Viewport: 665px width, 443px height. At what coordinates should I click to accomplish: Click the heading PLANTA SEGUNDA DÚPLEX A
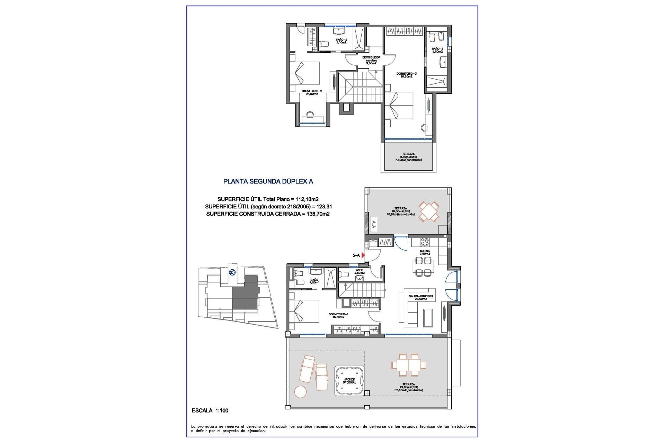point(268,181)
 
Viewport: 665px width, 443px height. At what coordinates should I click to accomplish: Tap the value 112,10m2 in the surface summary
point(307,199)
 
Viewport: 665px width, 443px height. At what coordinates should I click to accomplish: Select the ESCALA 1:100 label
point(210,410)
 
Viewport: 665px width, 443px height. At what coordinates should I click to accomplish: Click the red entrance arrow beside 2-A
point(363,255)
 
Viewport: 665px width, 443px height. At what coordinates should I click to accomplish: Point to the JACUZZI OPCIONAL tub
point(349,381)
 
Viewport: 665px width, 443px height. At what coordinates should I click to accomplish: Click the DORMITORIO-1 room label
point(338,315)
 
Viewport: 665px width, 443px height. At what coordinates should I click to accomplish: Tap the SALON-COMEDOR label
point(420,297)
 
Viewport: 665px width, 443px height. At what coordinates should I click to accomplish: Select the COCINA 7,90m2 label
point(425,252)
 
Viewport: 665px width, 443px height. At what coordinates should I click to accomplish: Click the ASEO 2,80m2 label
point(360,271)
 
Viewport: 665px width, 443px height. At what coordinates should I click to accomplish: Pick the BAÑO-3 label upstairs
point(437,50)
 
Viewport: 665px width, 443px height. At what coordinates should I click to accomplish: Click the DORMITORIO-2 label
point(312,92)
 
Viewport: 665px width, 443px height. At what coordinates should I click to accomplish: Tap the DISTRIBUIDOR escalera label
point(371,60)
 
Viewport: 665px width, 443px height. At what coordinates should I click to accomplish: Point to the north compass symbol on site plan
point(232,272)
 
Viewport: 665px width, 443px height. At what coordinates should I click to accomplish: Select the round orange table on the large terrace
point(300,392)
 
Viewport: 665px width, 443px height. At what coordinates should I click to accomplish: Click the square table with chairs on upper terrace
point(429,211)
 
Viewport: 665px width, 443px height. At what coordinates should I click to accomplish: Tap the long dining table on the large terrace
point(409,365)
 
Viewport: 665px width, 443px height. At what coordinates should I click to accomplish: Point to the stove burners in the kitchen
point(425,242)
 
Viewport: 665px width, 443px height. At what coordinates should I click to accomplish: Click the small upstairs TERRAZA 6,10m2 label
point(408,157)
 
